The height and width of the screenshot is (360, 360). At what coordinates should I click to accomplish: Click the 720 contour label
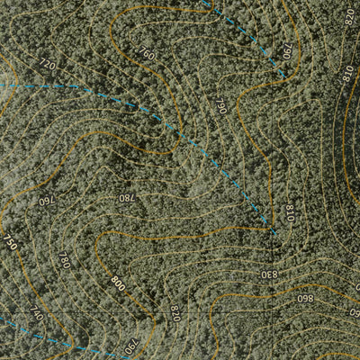tap(48, 64)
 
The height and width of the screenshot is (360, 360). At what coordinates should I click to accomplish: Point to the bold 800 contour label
tap(118, 282)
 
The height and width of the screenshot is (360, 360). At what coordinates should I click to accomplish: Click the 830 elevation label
tap(269, 274)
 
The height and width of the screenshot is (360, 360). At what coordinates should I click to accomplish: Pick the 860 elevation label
tap(304, 299)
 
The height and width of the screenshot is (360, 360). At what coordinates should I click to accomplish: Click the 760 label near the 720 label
tap(148, 55)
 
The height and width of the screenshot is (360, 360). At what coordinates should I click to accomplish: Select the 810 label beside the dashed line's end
tap(289, 214)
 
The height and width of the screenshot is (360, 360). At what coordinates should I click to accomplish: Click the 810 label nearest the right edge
tap(347, 75)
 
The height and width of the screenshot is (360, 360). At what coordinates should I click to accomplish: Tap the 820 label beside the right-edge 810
tap(349, 15)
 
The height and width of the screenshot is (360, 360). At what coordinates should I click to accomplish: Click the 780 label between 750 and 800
tap(64, 261)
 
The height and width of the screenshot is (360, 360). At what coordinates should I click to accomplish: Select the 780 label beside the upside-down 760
tap(127, 198)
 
